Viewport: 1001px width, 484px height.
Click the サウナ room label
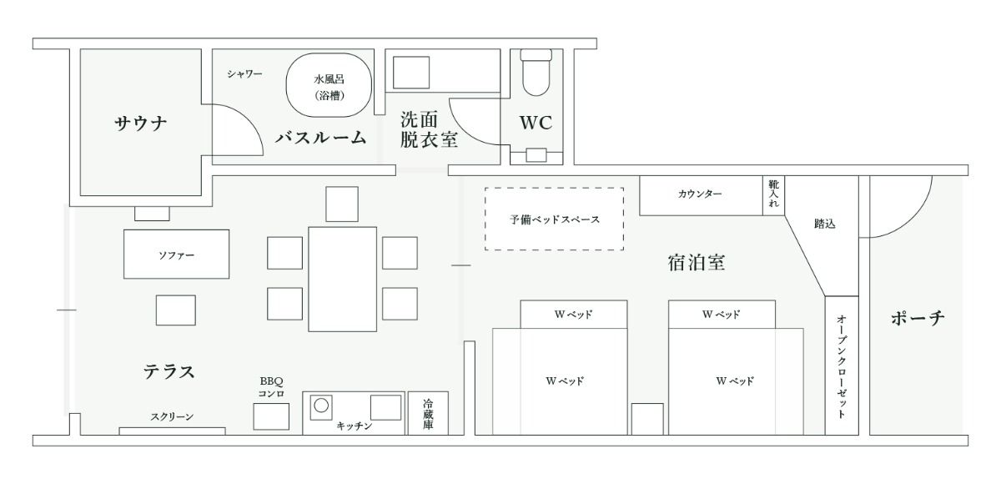141,123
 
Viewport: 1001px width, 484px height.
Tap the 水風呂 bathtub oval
329,85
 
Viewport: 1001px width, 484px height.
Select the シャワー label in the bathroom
244,73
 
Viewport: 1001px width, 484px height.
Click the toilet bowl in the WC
536,73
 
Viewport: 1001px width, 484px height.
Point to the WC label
536,123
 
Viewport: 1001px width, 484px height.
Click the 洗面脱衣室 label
429,129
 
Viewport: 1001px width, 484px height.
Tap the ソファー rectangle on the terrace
177,255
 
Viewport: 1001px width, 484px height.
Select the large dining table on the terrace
342,280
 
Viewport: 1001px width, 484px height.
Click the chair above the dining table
342,204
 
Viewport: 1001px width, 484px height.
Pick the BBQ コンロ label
271,387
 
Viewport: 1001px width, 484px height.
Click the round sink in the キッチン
321,406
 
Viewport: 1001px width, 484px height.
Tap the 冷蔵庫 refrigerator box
428,413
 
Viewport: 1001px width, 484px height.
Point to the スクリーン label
172,416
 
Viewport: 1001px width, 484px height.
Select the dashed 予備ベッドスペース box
554,219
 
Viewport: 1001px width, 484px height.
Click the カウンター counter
701,196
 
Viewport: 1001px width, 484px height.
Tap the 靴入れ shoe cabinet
773,196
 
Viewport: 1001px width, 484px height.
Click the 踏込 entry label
824,224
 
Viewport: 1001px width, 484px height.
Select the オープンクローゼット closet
842,366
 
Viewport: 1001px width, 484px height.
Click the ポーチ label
918,318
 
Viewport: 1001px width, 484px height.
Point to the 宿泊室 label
697,263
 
